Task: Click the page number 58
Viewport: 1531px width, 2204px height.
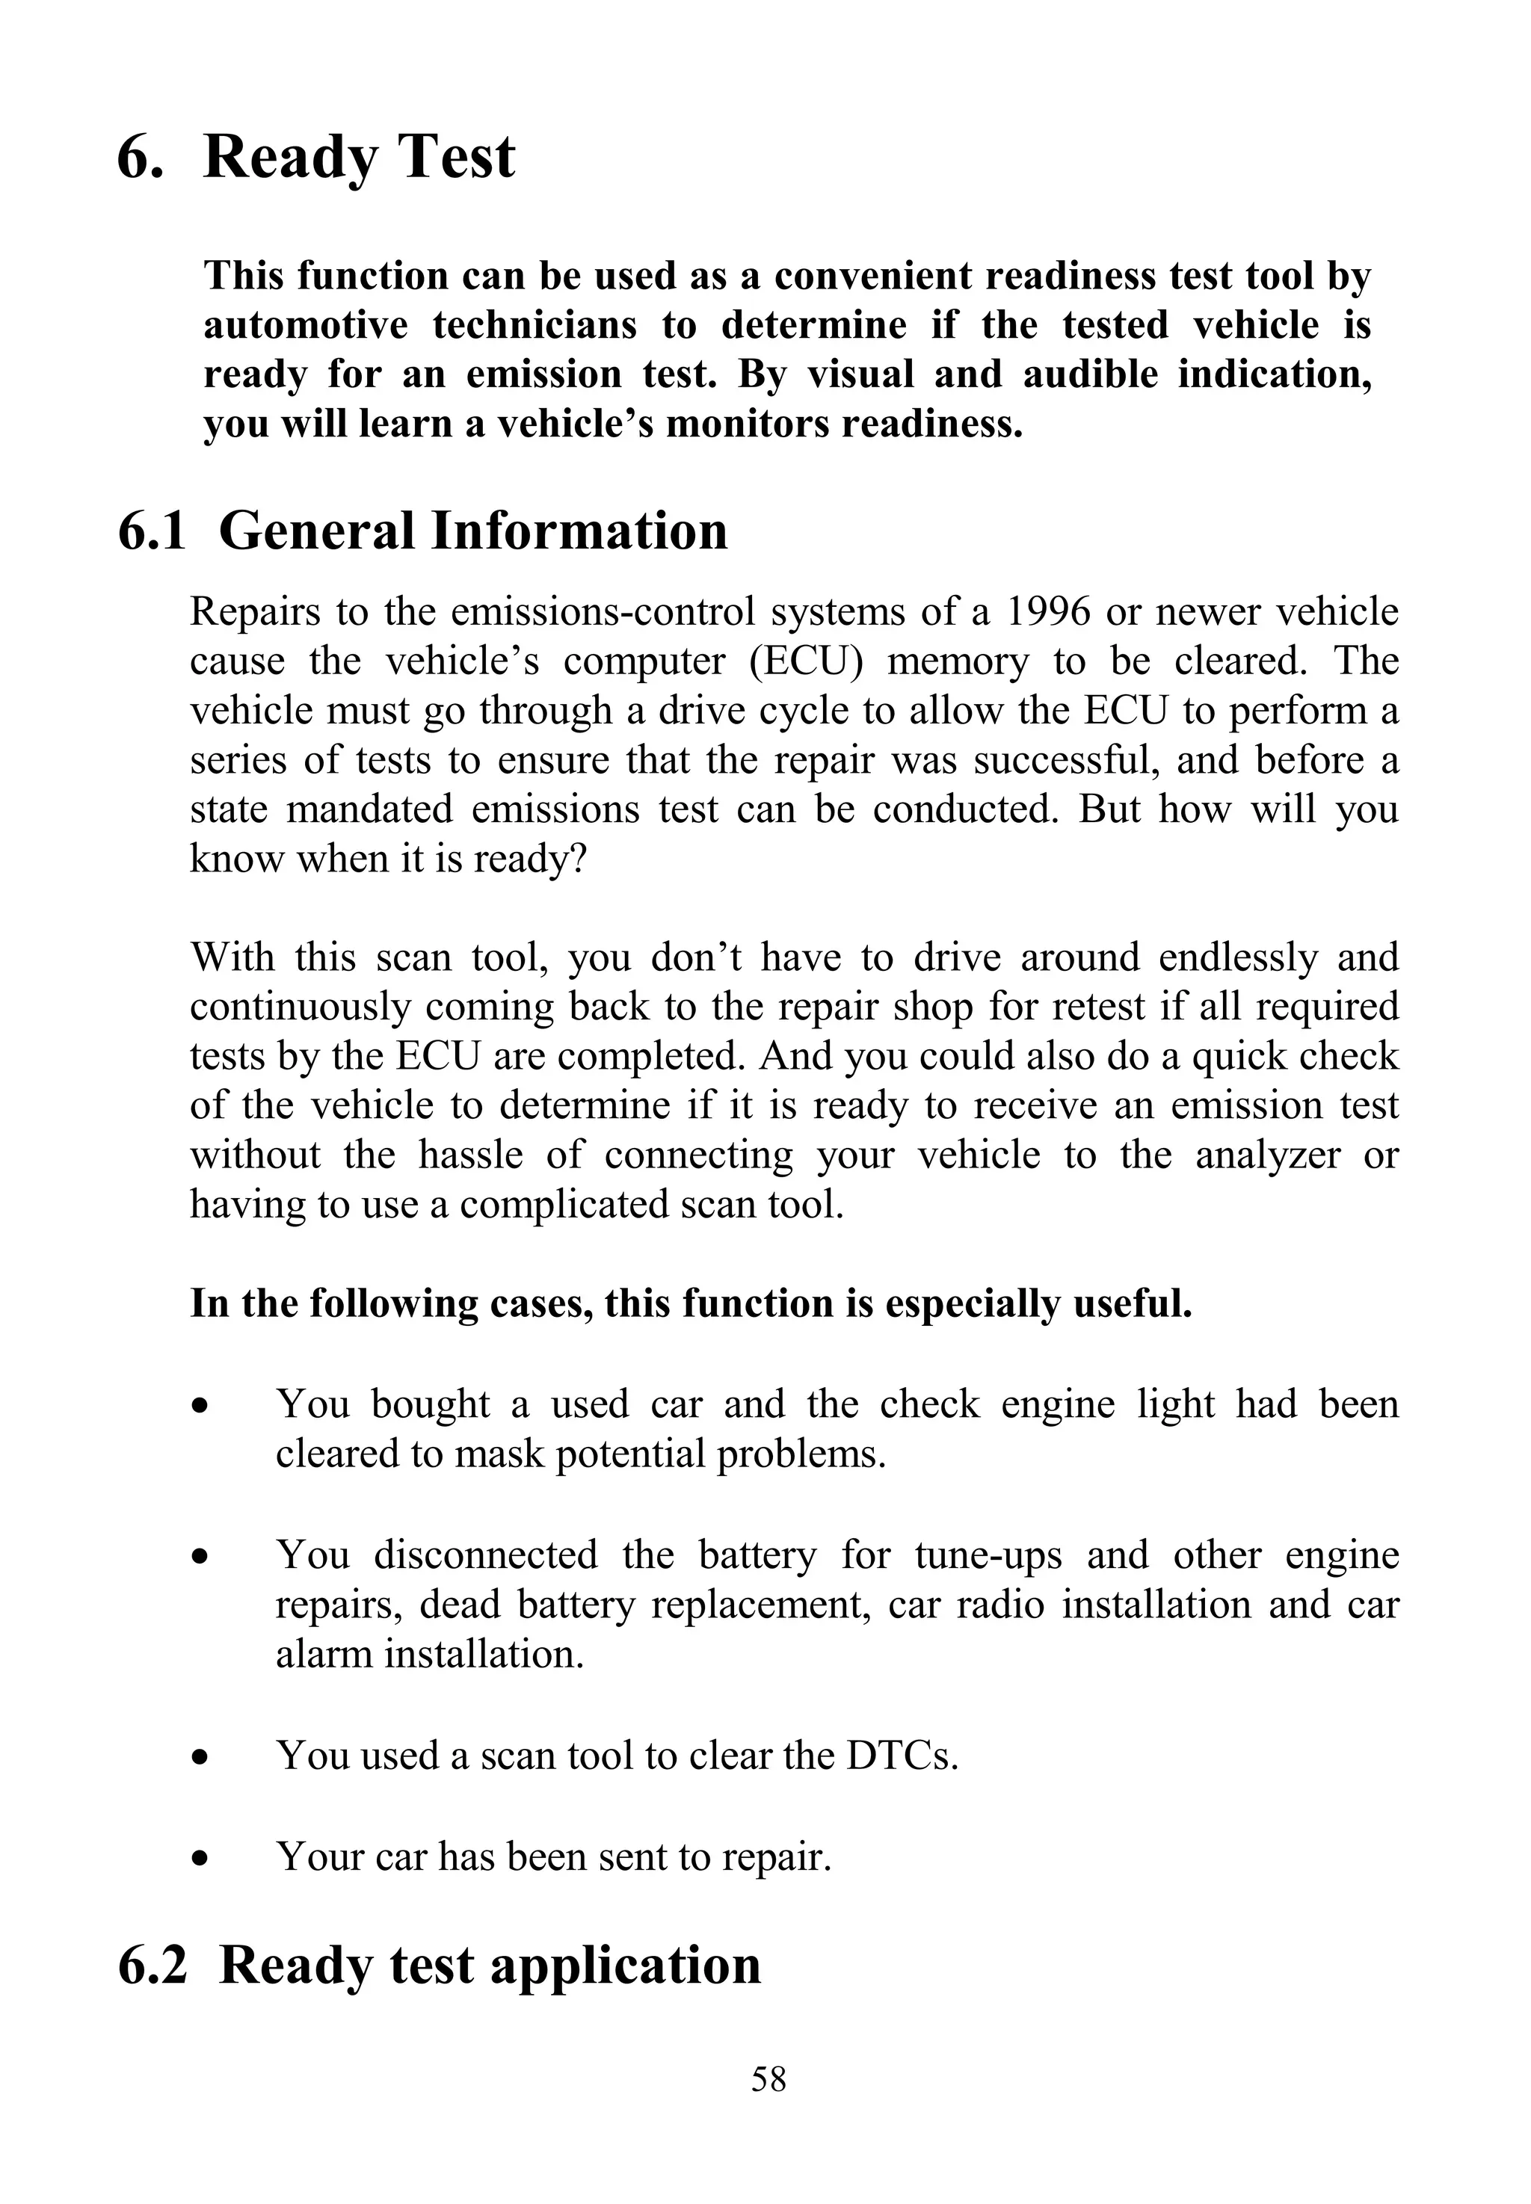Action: click(768, 2079)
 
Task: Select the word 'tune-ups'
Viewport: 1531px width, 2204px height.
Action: click(988, 1554)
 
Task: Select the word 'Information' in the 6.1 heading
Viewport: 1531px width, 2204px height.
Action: click(579, 531)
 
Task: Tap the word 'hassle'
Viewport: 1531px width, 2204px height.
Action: click(470, 1154)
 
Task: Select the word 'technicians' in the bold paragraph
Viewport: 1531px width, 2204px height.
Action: click(535, 325)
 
